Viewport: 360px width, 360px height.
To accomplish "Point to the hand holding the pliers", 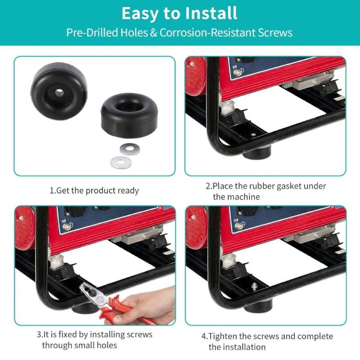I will [148, 306].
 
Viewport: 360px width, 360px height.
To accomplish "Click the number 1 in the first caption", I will [51, 190].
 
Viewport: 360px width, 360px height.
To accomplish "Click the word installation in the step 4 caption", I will [243, 347].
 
